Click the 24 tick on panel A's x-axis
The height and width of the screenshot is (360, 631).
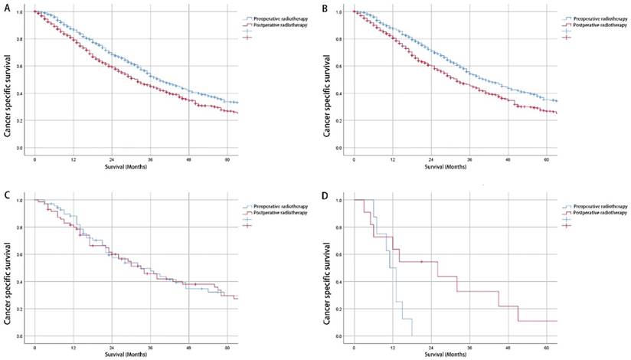pos(112,159)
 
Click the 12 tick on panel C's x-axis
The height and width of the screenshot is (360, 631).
pos(74,347)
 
